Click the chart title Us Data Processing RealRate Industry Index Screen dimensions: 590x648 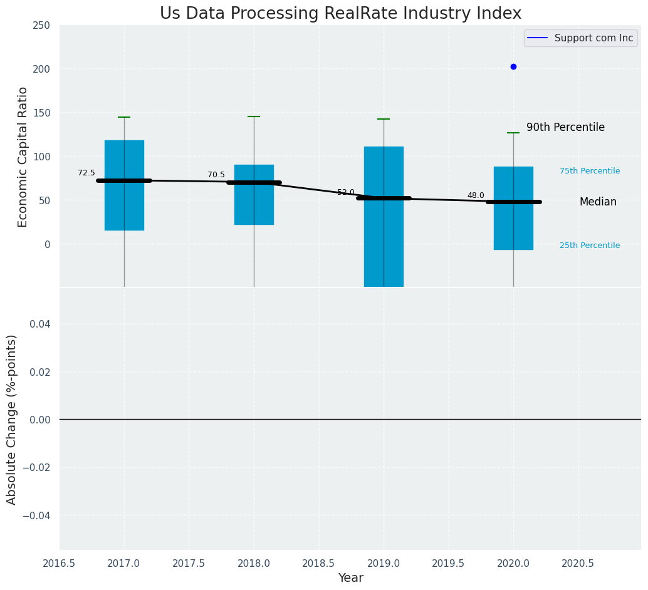pos(340,14)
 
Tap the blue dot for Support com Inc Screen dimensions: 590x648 pos(513,66)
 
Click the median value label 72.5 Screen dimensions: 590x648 pos(86,173)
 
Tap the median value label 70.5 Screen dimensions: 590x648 pos(216,175)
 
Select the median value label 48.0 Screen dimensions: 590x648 pos(476,195)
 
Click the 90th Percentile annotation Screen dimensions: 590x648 pos(565,128)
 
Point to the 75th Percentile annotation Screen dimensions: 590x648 pos(590,171)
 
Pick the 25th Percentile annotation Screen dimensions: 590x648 pos(590,246)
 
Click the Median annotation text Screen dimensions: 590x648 pos(598,202)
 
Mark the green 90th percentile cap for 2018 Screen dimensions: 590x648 pos(254,116)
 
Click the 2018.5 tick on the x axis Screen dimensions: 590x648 pos(318,564)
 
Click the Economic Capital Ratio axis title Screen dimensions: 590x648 pos(23,157)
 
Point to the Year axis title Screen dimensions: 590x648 pos(350,578)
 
